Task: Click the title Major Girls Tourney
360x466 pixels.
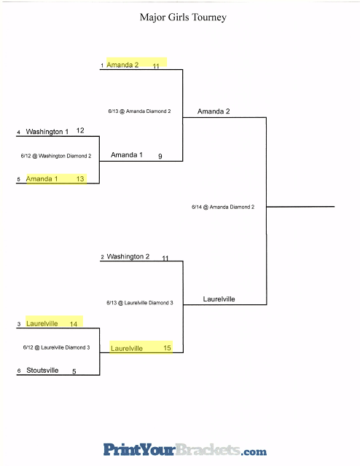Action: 183,17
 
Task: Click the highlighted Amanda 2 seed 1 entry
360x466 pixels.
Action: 122,65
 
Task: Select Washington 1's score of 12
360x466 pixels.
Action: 80,130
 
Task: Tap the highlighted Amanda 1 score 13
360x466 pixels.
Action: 80,179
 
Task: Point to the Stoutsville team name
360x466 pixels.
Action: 42,371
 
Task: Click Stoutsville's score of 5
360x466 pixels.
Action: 74,371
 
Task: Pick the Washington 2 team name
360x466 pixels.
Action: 128,256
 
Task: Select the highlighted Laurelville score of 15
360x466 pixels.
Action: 167,348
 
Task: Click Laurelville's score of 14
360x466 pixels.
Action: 74,324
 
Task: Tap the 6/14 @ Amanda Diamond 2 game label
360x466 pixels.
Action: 223,207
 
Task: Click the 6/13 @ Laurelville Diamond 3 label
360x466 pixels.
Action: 139,303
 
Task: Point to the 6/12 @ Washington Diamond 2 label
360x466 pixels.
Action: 56,156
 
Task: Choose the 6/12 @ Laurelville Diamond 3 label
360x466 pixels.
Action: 56,347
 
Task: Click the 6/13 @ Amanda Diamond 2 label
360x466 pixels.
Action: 139,111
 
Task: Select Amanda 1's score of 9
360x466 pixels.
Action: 160,156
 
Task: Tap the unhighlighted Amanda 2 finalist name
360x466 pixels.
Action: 214,111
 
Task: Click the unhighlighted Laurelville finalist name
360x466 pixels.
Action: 219,299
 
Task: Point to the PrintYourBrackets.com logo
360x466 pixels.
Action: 185,450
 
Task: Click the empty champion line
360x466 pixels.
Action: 300,206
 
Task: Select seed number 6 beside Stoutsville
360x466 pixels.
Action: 19,371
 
